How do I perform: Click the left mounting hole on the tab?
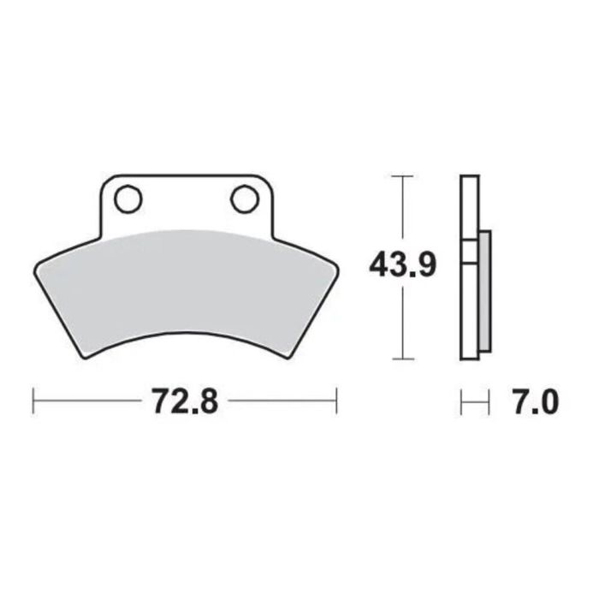click(128, 199)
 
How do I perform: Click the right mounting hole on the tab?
click(244, 199)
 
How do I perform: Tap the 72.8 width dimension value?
click(186, 400)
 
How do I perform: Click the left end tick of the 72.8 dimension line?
click(33, 400)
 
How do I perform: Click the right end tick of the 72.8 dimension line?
click(337, 400)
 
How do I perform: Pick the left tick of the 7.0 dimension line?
click(461, 400)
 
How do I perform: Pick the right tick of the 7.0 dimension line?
click(489, 400)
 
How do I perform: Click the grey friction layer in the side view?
click(483, 291)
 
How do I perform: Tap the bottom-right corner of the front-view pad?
click(289, 357)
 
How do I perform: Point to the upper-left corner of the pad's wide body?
click(37, 265)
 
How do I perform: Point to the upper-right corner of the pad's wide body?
click(335, 267)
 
